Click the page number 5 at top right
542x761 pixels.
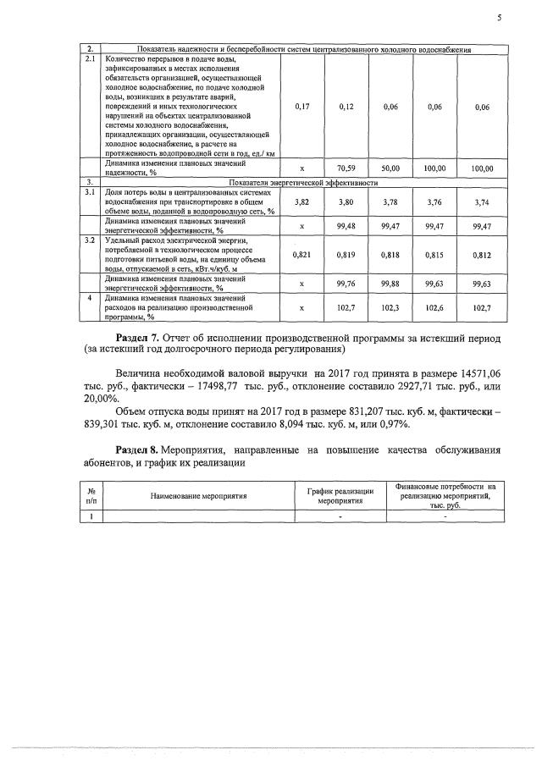pyautogui.click(x=500, y=14)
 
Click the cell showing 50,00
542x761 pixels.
pyautogui.click(x=390, y=168)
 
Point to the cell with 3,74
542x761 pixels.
pyautogui.click(x=483, y=202)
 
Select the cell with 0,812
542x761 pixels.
pyautogui.click(x=483, y=254)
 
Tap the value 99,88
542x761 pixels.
pyautogui.click(x=390, y=284)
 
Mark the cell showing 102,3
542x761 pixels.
pyautogui.click(x=390, y=308)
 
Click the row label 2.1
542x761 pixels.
pyautogui.click(x=91, y=60)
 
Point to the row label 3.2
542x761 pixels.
pyautogui.click(x=91, y=240)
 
